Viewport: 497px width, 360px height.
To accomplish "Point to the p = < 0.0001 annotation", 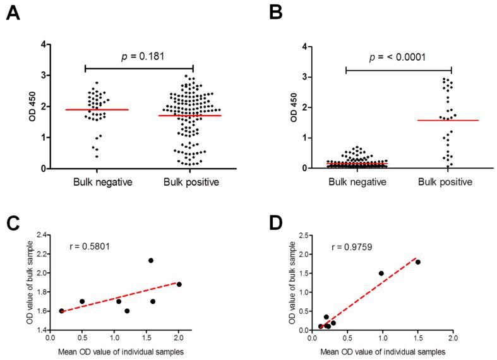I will [398, 57].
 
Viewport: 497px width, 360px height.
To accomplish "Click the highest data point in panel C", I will [151, 260].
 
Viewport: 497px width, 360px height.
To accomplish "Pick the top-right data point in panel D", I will [418, 262].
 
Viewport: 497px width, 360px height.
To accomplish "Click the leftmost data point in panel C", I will [62, 311].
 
